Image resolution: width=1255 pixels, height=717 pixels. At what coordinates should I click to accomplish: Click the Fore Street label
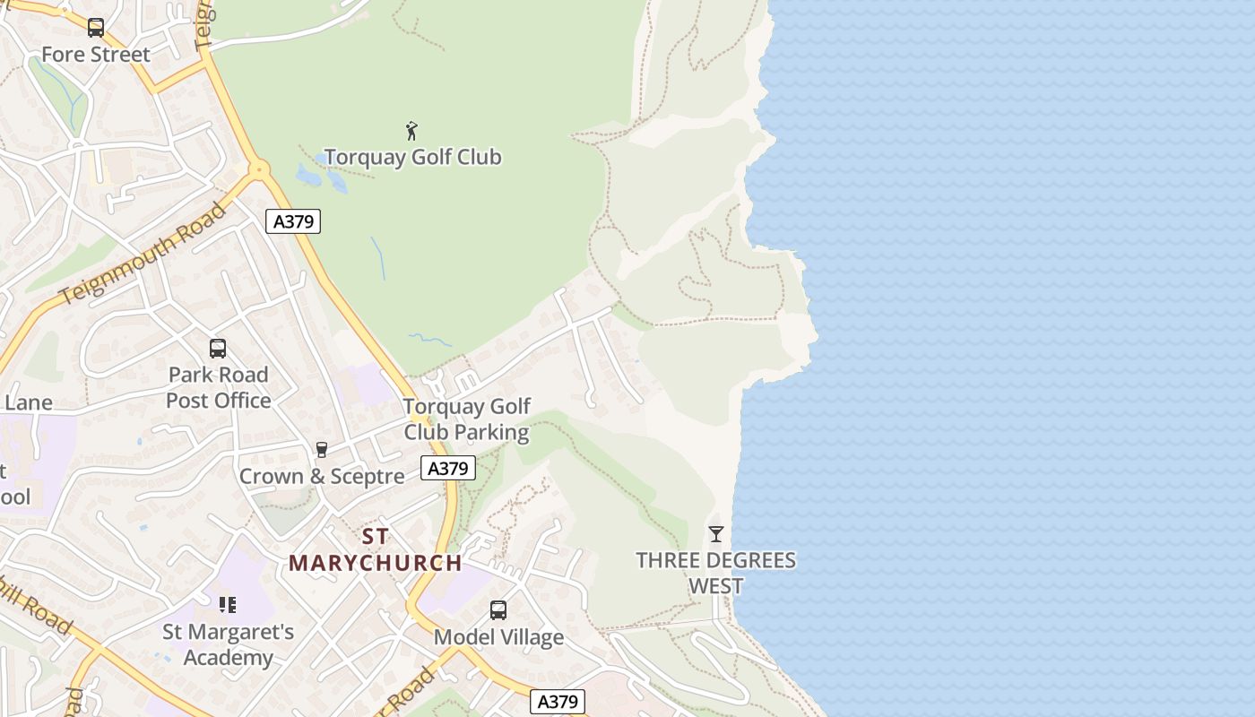96,55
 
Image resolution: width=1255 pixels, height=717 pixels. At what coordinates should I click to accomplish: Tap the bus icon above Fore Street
96,28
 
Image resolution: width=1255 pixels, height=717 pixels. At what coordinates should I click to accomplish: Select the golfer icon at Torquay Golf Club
411,131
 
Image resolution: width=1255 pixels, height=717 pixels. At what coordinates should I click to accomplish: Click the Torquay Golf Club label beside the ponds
412,158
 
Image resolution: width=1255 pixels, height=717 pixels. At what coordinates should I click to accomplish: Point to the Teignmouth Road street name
143,254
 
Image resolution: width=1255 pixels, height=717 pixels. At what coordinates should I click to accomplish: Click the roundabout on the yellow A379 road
259,168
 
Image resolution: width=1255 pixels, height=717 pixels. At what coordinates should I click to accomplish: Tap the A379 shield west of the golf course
293,221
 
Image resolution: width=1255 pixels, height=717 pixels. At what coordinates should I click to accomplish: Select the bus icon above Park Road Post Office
218,349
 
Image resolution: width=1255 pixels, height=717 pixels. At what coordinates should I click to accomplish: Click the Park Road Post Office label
218,387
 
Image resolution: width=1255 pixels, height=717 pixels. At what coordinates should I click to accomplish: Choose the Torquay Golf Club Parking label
466,419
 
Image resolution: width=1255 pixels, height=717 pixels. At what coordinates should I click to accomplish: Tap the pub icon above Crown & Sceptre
322,450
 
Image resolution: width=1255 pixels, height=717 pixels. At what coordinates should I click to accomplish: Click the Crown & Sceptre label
322,477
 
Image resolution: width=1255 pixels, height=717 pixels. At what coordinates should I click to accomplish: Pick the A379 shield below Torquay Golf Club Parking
448,468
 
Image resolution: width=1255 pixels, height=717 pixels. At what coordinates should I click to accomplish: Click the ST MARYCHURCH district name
376,550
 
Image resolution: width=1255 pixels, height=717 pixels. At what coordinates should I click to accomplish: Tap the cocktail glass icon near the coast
715,534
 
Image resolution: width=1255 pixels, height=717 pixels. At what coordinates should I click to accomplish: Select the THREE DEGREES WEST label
715,574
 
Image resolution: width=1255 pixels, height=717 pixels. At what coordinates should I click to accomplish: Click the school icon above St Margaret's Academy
228,605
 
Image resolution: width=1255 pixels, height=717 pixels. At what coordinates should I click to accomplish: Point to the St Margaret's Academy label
228,645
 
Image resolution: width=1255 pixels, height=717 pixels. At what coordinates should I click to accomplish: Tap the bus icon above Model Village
498,610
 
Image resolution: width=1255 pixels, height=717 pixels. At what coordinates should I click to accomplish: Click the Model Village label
498,637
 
